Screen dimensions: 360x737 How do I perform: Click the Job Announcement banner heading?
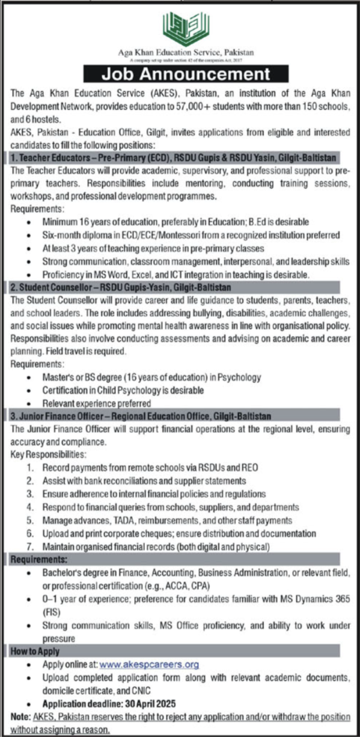(185, 75)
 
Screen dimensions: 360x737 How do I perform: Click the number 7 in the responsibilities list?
(29, 546)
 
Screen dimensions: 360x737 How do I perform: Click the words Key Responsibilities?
(49, 454)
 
